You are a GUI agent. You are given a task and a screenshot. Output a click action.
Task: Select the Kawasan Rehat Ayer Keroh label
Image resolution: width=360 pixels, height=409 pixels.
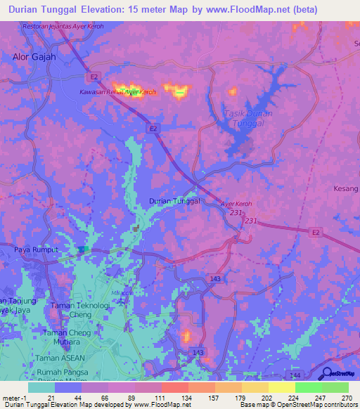click(x=118, y=92)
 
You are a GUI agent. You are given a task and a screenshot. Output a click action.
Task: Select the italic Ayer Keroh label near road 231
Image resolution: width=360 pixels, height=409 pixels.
click(x=236, y=204)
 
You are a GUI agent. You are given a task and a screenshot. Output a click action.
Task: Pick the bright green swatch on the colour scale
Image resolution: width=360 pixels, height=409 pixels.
click(x=308, y=387)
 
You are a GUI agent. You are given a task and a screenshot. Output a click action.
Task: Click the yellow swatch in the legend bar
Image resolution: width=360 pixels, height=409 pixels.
click(x=281, y=387)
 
